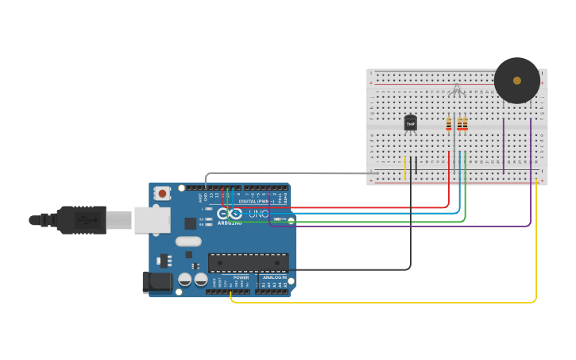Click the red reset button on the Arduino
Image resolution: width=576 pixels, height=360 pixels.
pos(162,193)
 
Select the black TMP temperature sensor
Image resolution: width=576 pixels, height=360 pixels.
pos(410,123)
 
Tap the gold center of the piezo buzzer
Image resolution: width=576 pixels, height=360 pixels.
pos(517,80)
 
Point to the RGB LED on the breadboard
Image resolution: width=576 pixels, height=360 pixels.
pos(456,91)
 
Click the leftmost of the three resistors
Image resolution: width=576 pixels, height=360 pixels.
pos(449,123)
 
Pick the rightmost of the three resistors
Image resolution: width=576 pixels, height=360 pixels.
pos(465,123)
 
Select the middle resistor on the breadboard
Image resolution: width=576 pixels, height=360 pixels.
pos(459,123)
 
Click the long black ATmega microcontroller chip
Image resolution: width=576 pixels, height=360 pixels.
pos(248,263)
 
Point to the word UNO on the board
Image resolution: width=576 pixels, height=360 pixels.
pos(259,214)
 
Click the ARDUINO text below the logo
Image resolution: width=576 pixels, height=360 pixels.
pos(230,223)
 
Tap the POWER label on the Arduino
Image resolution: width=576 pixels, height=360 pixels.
pos(241,277)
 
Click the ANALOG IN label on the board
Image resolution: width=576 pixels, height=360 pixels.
pos(274,277)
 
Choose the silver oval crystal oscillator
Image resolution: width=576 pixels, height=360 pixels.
pos(188,242)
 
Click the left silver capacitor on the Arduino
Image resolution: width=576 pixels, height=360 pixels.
pos(185,279)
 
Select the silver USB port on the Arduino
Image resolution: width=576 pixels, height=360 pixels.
pos(152,220)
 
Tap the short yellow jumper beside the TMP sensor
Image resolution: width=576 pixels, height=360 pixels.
pos(405,167)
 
